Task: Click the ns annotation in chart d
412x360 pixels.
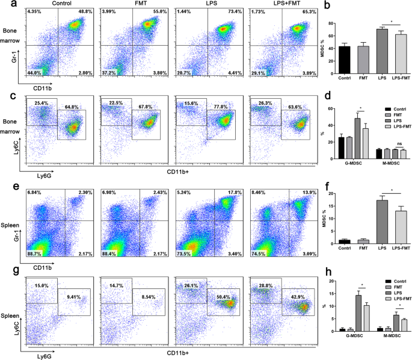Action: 389,144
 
